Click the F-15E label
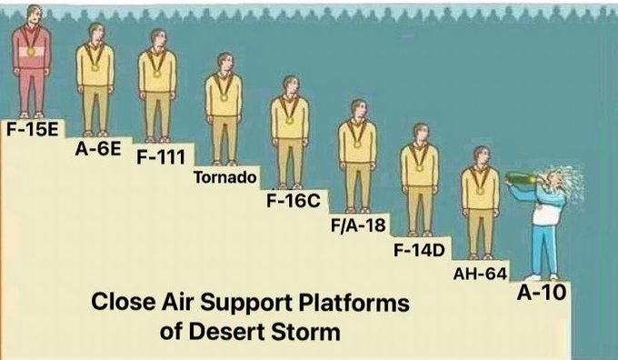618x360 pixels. (33, 130)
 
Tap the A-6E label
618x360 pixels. (98, 149)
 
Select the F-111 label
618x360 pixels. (161, 157)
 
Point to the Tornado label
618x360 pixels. (225, 178)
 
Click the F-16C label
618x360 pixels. (293, 201)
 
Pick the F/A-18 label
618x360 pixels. (358, 225)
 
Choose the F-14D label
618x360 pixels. (419, 250)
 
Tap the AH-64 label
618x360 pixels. (480, 274)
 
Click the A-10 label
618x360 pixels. (542, 293)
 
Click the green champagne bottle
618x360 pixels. (521, 178)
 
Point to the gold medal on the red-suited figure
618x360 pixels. (31, 51)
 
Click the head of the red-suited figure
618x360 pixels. (35, 15)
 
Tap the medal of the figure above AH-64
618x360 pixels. (480, 191)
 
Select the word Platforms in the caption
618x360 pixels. (354, 303)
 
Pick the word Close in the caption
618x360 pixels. (124, 302)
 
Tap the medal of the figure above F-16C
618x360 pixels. (290, 120)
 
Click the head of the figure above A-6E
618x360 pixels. (95, 32)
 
